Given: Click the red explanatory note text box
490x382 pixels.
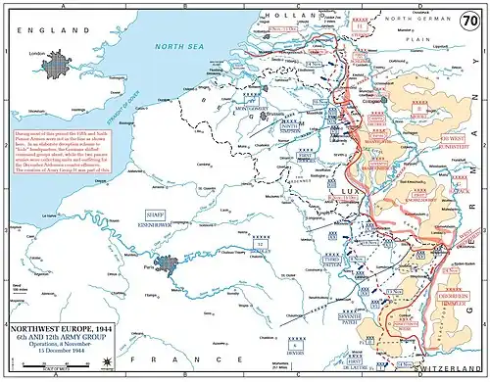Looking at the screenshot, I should click(x=67, y=148).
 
